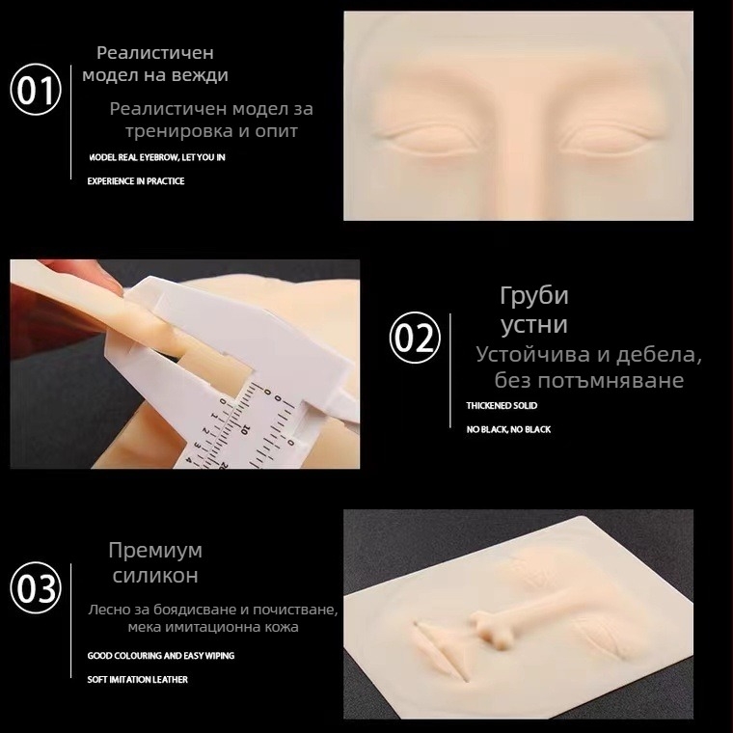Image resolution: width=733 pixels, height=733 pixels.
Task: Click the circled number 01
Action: (36, 92)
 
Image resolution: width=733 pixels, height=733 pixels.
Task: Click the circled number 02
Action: (415, 339)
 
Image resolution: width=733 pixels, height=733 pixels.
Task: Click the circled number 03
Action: (36, 587)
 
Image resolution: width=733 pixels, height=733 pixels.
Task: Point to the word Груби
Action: (533, 295)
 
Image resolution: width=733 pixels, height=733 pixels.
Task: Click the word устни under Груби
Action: (533, 324)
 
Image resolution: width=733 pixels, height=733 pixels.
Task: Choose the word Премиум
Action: (155, 551)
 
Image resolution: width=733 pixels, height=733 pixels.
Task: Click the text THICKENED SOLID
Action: (502, 406)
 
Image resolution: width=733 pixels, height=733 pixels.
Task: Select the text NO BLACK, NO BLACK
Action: (508, 429)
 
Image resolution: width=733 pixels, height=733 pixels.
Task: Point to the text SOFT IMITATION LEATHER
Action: (137, 679)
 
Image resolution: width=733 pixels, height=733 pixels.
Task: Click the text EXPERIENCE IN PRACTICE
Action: (136, 180)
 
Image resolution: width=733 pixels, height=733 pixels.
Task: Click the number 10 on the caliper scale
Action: (247, 426)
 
